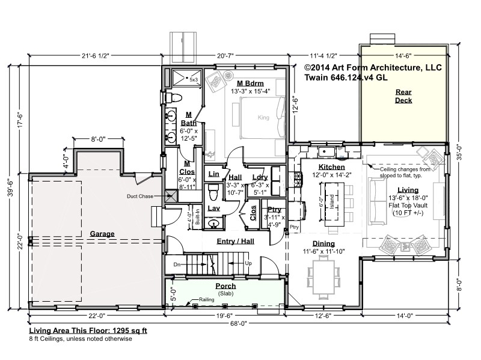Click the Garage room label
click(102, 234)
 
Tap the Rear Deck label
click(403, 96)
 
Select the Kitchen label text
click(332, 167)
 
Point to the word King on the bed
click(263, 117)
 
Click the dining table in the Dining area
click(323, 277)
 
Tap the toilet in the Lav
click(213, 192)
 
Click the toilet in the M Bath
click(173, 98)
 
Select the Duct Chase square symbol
click(171, 196)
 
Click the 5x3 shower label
click(194, 80)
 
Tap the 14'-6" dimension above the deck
click(403, 56)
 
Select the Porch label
click(225, 286)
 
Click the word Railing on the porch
click(206, 299)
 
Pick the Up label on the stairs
click(248, 263)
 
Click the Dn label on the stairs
click(177, 264)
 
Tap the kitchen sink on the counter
click(327, 152)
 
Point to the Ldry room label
click(260, 177)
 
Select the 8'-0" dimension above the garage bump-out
click(98, 139)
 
